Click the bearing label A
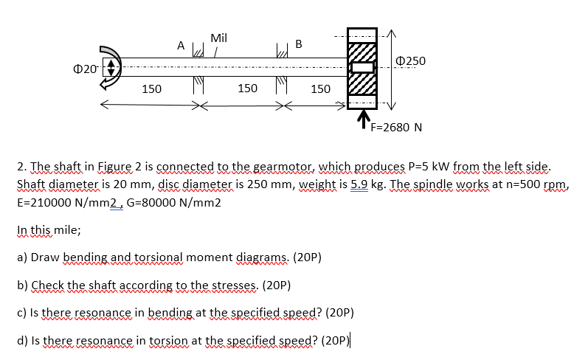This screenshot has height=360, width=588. pyautogui.click(x=180, y=45)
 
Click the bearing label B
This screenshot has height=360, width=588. pyautogui.click(x=298, y=43)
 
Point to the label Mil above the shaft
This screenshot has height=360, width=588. pyautogui.click(x=219, y=38)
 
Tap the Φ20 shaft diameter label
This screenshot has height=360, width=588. pyautogui.click(x=85, y=69)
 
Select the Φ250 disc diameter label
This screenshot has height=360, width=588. pyautogui.click(x=411, y=60)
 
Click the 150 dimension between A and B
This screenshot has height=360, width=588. pyautogui.click(x=248, y=89)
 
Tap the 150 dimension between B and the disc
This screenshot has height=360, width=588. pyautogui.click(x=320, y=89)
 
